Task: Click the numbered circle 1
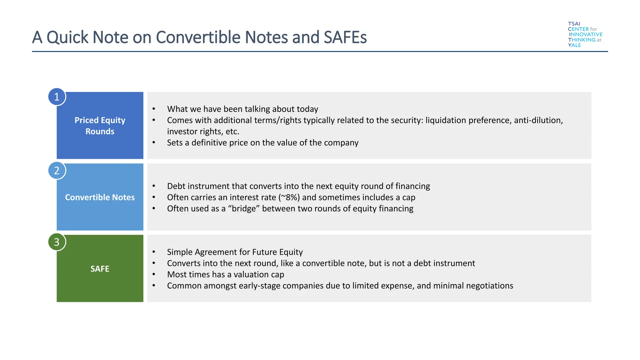coord(57,97)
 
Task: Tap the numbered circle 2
coord(57,171)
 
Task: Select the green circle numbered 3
coord(57,242)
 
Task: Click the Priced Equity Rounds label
coord(100,126)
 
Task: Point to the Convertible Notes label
coord(100,197)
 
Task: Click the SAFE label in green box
coord(100,269)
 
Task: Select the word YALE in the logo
coord(574,45)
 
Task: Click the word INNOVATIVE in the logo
coord(586,34)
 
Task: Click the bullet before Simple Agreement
coord(154,252)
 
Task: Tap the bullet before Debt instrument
coord(154,186)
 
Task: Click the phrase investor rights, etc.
coord(203,132)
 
